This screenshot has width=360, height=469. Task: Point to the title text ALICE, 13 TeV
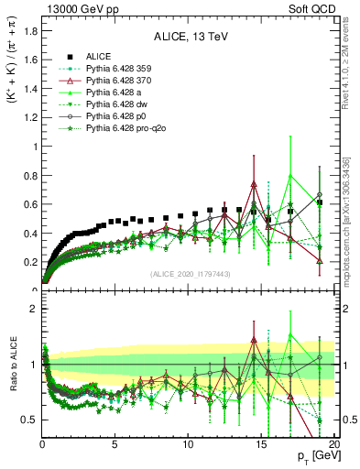(x=185, y=38)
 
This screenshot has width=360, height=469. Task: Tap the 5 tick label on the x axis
(x=115, y=444)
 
